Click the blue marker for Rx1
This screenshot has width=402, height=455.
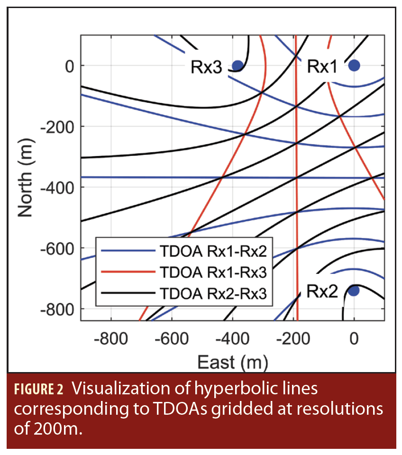[x=354, y=65]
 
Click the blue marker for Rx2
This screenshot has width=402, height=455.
[x=354, y=291]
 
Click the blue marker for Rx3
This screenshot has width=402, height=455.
[x=238, y=65]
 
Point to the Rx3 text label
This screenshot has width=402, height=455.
[x=206, y=67]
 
